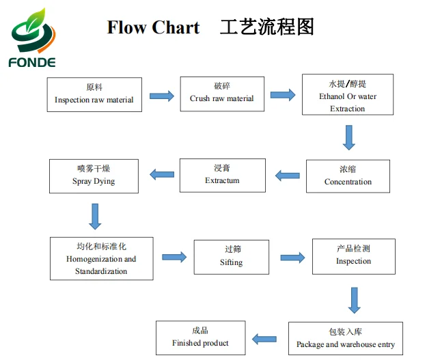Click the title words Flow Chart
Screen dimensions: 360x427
tap(153, 27)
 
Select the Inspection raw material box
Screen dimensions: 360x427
tap(94, 94)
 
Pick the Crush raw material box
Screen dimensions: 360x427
tap(221, 94)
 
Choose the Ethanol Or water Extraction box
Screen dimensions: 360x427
tap(348, 96)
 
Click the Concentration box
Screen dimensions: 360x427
tap(348, 176)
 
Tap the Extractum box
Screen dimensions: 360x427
tap(222, 175)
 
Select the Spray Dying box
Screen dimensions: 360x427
tap(94, 176)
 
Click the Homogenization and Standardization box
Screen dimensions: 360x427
tap(101, 258)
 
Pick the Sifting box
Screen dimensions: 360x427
tap(231, 257)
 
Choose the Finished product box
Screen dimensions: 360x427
tap(200, 337)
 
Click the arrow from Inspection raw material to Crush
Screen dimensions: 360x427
tap(161, 96)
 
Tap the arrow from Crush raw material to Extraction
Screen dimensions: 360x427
tap(282, 95)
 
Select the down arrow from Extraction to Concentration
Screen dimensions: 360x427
tap(349, 137)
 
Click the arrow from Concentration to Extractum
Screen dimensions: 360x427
tap(287, 176)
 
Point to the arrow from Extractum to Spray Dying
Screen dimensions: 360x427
tap(161, 175)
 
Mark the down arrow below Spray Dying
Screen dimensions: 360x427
tap(95, 216)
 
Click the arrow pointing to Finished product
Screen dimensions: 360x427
tap(264, 338)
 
